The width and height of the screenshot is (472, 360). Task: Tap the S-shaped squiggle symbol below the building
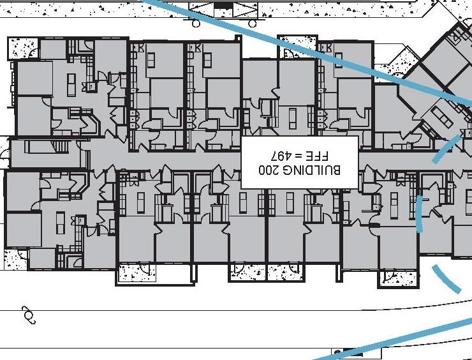coord(28,313)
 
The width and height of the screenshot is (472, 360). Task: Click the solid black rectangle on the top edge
coord(223,5)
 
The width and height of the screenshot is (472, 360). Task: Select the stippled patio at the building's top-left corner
coord(23,49)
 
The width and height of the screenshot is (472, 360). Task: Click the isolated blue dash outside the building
coord(446,278)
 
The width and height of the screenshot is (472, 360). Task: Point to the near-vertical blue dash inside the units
coord(420,214)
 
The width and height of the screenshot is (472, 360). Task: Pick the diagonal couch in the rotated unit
coord(441,116)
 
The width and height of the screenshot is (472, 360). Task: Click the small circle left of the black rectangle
coord(196,24)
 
